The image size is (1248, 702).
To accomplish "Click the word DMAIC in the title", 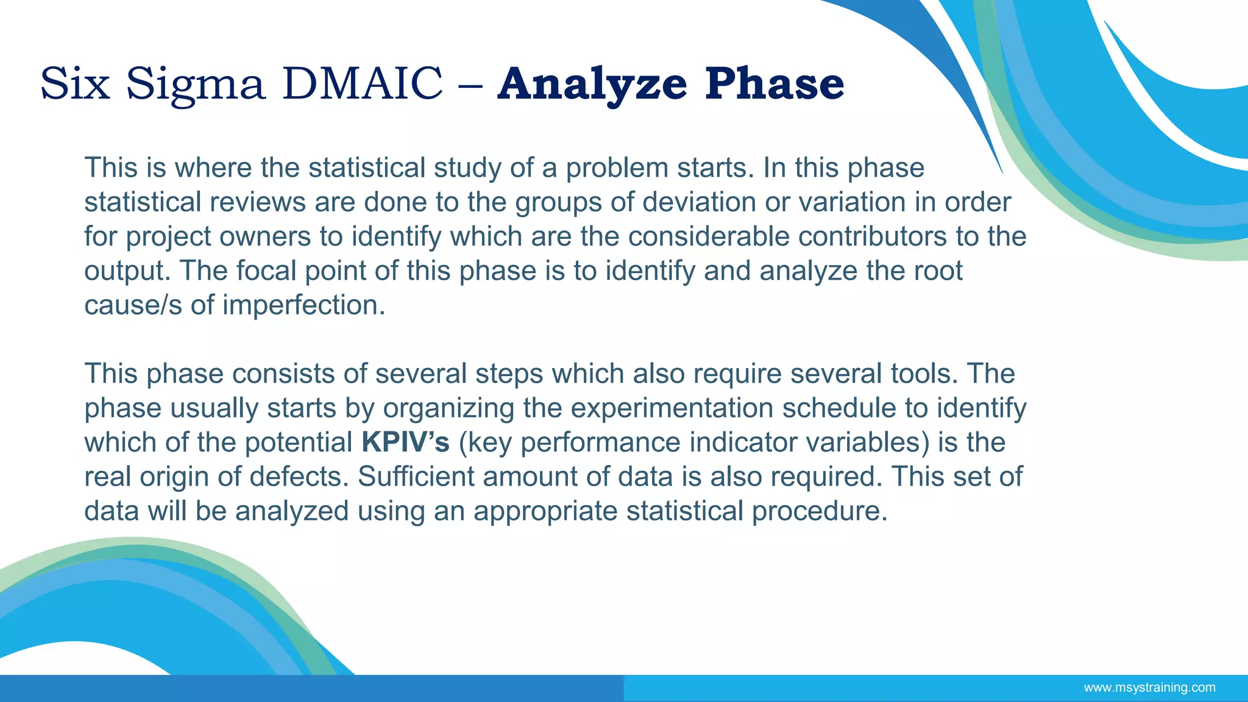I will coord(362,83).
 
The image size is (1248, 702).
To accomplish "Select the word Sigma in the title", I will coord(196,83).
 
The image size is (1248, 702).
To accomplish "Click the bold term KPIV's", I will coord(405,442).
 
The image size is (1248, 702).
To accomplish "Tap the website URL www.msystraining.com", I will coord(1149,688).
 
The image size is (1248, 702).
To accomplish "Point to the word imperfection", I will coord(303,305).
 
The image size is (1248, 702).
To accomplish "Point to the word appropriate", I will coord(545,511).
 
